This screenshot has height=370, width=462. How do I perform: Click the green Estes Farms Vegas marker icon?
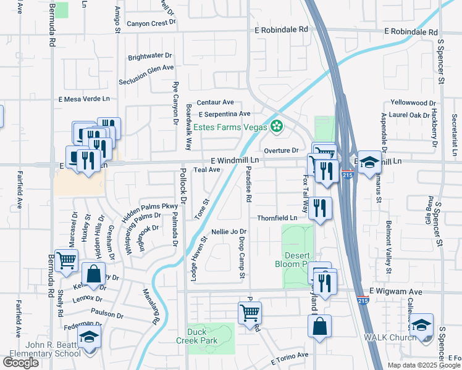click(x=277, y=127)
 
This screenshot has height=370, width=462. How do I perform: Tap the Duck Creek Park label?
click(x=206, y=335)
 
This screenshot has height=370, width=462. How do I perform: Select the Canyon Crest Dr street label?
click(x=151, y=23)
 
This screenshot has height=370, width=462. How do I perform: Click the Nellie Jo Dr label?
click(x=229, y=231)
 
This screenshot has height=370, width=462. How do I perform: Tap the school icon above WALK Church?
click(x=422, y=324)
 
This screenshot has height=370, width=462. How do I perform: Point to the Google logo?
click(x=20, y=363)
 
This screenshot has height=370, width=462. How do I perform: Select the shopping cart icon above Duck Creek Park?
click(x=250, y=311)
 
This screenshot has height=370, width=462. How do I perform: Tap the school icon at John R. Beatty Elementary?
click(x=90, y=337)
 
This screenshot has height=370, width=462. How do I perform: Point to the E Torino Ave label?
click(x=289, y=356)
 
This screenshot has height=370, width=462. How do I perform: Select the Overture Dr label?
click(x=281, y=150)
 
